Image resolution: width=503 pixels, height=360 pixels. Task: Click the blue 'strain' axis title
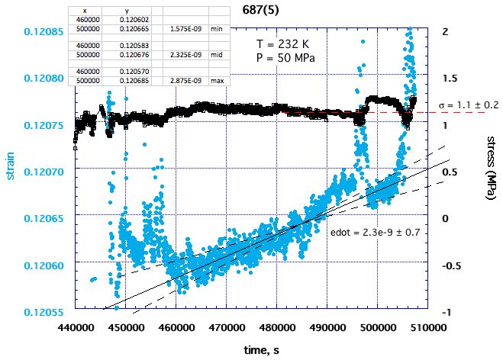[10, 164]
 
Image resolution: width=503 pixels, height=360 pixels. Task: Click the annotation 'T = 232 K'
[282, 45]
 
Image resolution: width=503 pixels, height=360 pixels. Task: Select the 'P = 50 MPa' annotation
[282, 59]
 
